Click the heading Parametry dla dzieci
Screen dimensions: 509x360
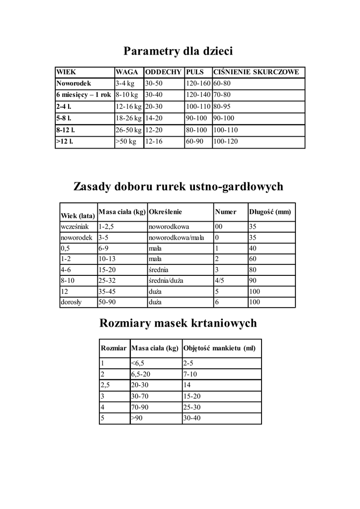179,51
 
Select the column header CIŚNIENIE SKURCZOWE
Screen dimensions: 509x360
256,72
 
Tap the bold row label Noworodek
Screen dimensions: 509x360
74,83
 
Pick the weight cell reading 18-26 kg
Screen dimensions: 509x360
128,118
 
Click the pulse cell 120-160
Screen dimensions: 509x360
198,83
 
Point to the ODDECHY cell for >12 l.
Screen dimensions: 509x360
154,142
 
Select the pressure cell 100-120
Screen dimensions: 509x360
226,142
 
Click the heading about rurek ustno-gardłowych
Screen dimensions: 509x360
179,187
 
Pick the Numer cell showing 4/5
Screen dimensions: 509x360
220,280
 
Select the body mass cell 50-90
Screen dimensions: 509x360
107,302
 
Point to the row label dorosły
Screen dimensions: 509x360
72,302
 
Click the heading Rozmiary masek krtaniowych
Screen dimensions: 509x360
179,324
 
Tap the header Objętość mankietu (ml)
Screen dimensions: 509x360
219,348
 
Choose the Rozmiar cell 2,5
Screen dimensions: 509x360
105,385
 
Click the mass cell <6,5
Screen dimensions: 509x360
138,363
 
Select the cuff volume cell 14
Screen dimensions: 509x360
187,385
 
